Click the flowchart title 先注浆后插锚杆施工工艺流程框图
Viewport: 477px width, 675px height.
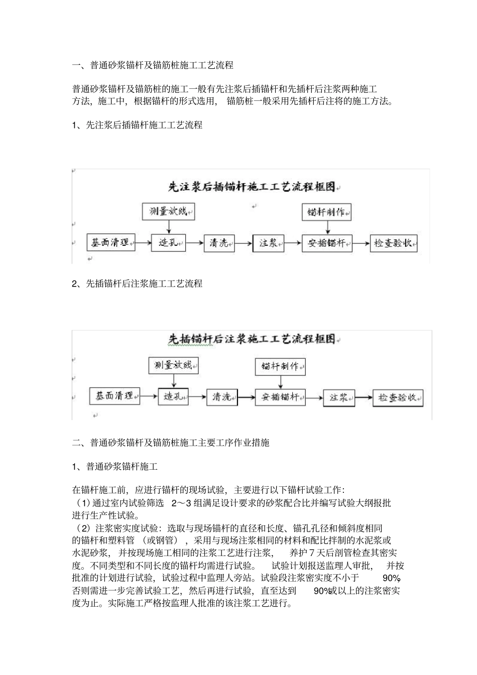pyautogui.click(x=251, y=187)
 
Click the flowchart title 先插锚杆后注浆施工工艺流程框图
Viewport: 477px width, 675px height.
pyautogui.click(x=251, y=340)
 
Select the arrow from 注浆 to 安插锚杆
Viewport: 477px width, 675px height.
pyautogui.click(x=293, y=243)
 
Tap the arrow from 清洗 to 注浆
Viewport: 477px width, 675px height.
pyautogui.click(x=243, y=243)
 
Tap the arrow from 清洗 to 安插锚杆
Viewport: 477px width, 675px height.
pyautogui.click(x=246, y=397)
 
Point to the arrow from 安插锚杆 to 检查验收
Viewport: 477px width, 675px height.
pyautogui.click(x=361, y=243)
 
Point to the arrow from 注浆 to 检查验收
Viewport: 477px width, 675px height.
pyautogui.click(x=364, y=397)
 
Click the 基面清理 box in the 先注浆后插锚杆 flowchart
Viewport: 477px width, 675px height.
pyautogui.click(x=111, y=243)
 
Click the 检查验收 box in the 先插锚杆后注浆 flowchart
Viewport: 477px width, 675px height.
pyautogui.click(x=398, y=397)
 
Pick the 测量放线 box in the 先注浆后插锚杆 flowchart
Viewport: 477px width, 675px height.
pyautogui.click(x=168, y=211)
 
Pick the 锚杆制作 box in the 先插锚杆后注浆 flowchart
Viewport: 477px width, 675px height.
pyautogui.click(x=280, y=366)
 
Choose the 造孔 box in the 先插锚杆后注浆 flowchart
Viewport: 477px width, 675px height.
pyautogui.click(x=173, y=396)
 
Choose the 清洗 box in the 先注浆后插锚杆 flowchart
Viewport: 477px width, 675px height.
pyautogui.click(x=219, y=243)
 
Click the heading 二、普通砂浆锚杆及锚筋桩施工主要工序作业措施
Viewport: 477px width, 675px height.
pyautogui.click(x=171, y=443)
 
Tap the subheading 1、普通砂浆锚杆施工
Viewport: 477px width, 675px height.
pyautogui.click(x=115, y=467)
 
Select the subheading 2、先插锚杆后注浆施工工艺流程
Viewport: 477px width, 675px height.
pyautogui.click(x=137, y=284)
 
